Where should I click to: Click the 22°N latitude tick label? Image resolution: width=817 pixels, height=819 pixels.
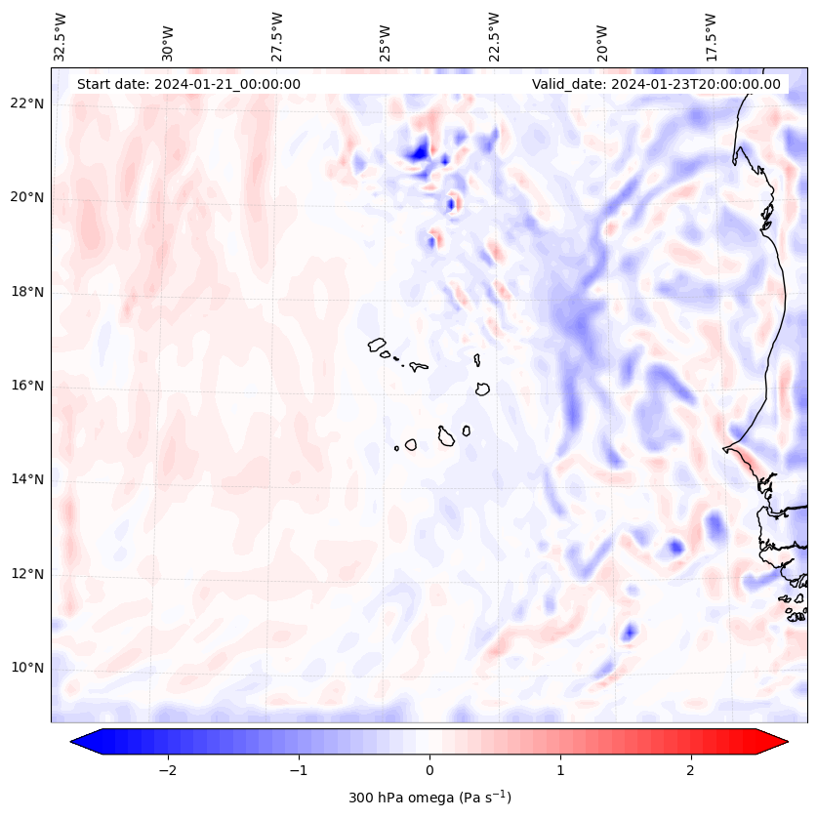(x=27, y=103)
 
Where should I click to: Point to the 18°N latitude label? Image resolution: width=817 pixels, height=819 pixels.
(x=27, y=292)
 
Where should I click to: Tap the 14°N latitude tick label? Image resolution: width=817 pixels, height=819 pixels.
(x=27, y=479)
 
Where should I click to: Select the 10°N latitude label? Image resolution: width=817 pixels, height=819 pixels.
(x=27, y=668)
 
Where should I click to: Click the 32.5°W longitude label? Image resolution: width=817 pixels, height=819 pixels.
(x=61, y=36)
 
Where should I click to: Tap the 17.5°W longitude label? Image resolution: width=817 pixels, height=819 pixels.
(x=711, y=36)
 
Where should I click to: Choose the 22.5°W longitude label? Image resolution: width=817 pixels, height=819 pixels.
(x=494, y=36)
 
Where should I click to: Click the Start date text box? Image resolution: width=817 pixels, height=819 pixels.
(x=188, y=84)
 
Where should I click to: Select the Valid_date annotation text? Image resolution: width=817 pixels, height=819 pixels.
(x=656, y=84)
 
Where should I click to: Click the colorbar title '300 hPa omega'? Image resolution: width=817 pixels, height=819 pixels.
(x=429, y=798)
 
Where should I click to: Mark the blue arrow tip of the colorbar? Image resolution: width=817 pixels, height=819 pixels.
(x=81, y=742)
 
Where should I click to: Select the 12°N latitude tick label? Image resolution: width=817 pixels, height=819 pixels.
(x=27, y=574)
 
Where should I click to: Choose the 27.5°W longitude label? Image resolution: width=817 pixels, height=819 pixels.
(x=277, y=36)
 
